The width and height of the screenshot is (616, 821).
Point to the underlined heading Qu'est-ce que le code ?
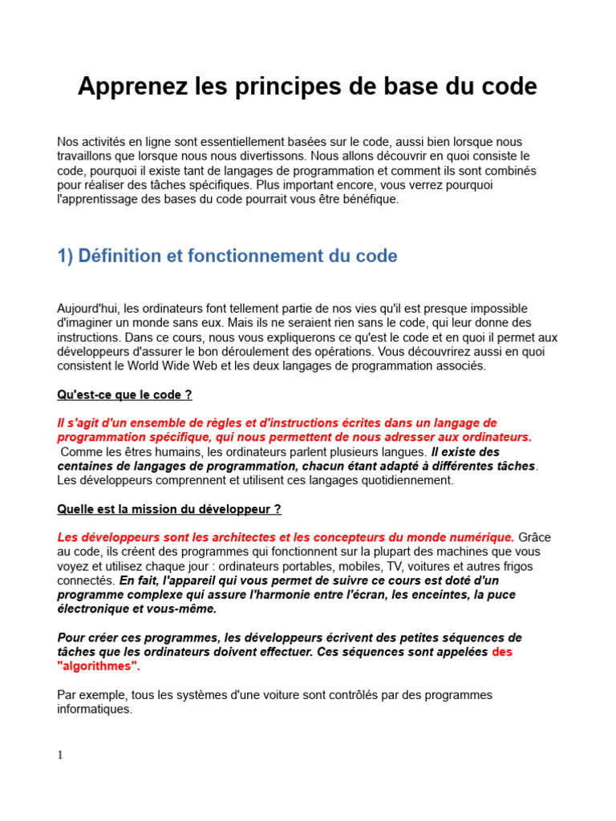point(124,395)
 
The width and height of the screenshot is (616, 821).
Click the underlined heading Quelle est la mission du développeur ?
point(169,509)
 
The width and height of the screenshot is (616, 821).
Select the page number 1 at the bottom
point(60,754)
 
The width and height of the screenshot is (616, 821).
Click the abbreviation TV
point(374,566)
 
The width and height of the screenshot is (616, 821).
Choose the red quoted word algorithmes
point(98,666)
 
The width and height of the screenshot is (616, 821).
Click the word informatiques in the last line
point(94,710)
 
